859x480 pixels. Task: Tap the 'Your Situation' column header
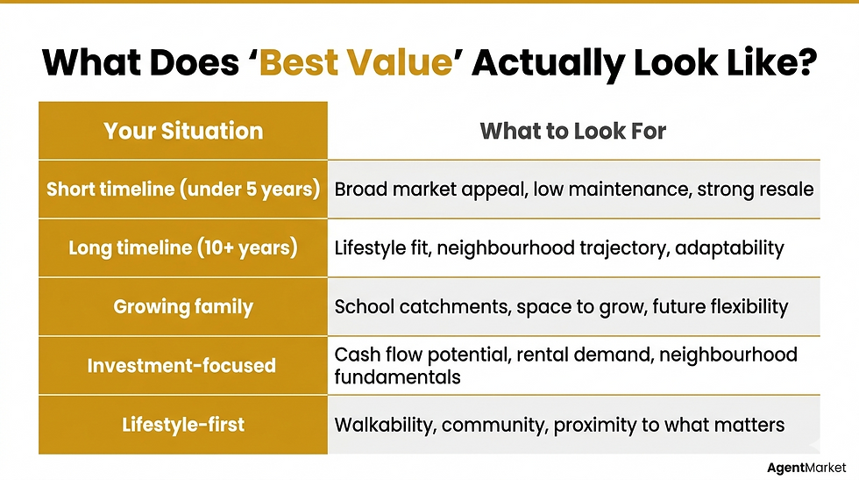click(183, 131)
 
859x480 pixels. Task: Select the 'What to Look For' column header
click(573, 131)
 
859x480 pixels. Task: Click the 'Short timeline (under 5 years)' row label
click(183, 189)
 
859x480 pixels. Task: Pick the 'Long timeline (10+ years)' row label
click(183, 247)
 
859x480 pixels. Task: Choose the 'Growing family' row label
click(183, 306)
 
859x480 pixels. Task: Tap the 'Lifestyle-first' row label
click(183, 425)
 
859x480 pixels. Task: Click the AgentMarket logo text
click(806, 468)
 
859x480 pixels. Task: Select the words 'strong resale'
click(755, 190)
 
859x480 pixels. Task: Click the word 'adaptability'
click(729, 248)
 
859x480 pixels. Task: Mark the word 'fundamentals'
click(397, 376)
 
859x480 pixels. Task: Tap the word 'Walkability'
click(384, 426)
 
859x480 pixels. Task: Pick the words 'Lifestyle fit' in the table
click(381, 248)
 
